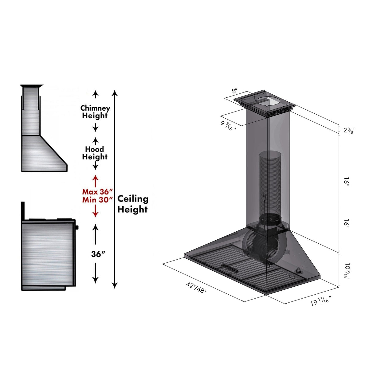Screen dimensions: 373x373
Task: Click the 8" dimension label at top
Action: point(234,91)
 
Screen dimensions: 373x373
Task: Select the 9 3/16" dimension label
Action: point(228,126)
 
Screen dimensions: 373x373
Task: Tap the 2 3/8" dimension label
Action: point(349,130)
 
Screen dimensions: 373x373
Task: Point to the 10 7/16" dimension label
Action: point(347,270)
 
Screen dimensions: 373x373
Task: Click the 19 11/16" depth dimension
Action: point(321,301)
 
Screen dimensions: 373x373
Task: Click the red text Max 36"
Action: point(96,192)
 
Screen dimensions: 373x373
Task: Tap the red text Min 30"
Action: point(96,200)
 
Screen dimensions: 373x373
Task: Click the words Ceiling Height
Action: point(132,204)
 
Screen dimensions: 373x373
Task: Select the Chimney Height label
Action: point(95,112)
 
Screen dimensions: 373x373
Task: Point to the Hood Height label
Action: point(95,153)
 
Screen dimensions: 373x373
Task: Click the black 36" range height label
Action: point(98,254)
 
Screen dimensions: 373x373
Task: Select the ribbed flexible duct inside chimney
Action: point(270,181)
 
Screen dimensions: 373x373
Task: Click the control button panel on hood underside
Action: point(230,268)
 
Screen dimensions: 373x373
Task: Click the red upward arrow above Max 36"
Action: point(96,180)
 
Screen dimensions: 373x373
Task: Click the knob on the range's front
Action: point(77,227)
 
